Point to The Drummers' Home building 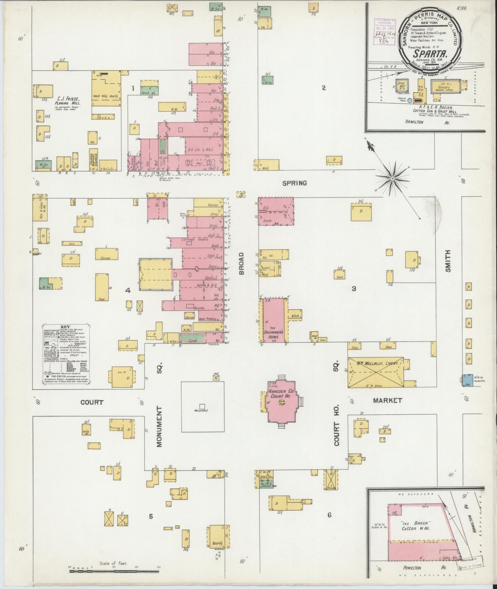[x=274, y=320]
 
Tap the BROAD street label [x=241, y=264]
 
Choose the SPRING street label [x=294, y=183]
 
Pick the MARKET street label [x=388, y=400]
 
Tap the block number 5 [x=151, y=516]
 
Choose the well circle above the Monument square [x=216, y=378]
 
